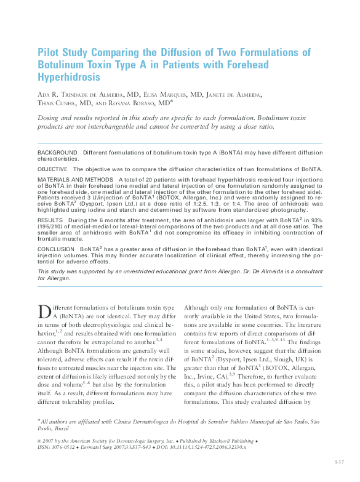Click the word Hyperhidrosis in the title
tap(69, 78)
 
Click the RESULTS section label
tap(50, 219)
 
